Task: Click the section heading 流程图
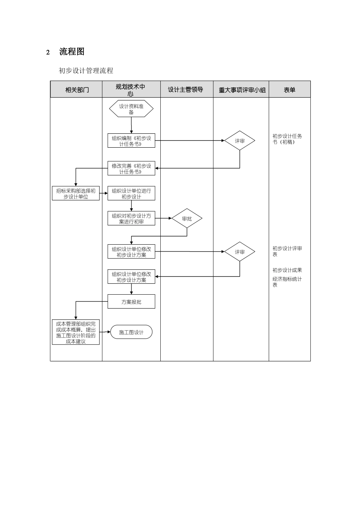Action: [72, 52]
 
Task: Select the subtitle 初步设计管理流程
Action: [86, 71]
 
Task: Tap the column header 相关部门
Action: [77, 90]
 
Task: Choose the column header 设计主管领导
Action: [186, 90]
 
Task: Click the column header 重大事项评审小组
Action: [242, 90]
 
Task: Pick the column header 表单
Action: [290, 90]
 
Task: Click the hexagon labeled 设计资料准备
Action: [131, 109]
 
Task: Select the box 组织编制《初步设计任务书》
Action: [131, 141]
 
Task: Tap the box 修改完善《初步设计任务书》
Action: [131, 169]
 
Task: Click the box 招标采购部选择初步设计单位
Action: [76, 194]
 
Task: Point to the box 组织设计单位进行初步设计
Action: [131, 194]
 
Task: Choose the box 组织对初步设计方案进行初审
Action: [131, 219]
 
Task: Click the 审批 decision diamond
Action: [187, 218]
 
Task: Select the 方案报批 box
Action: [131, 301]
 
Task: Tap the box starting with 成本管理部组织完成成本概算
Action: [76, 332]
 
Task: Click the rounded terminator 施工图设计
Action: [131, 332]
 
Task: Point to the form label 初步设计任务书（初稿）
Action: [287, 139]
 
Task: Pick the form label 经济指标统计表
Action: [287, 282]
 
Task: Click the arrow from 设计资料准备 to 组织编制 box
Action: [131, 125]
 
